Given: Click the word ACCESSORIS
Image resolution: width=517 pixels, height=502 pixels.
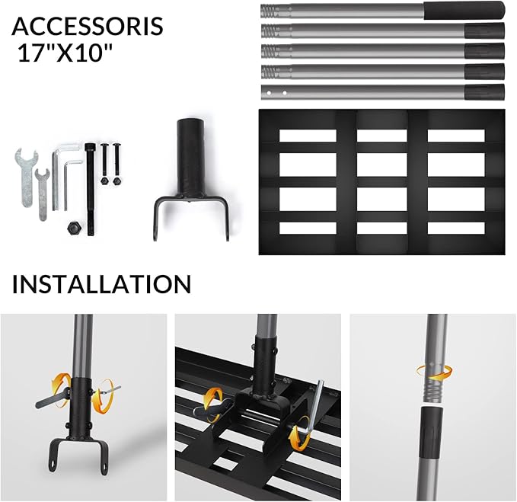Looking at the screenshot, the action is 88,26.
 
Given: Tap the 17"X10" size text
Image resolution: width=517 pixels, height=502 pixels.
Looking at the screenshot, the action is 65,53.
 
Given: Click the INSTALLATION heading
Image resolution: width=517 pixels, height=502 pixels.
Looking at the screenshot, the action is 101,284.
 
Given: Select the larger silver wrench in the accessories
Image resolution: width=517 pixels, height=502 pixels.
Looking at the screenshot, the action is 26,177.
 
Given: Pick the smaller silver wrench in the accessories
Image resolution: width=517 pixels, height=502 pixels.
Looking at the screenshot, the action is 43,194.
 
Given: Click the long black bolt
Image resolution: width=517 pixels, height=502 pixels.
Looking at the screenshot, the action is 89,189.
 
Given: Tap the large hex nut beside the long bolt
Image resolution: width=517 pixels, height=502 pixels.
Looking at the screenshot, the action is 73,228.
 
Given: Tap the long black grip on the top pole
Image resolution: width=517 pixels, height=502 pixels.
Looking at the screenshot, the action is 464,11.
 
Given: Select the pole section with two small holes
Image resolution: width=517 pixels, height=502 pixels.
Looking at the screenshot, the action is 382,92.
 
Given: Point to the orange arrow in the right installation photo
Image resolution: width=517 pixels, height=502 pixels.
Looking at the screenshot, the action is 433,373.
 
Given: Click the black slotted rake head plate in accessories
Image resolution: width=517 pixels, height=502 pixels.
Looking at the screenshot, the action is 381,182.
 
